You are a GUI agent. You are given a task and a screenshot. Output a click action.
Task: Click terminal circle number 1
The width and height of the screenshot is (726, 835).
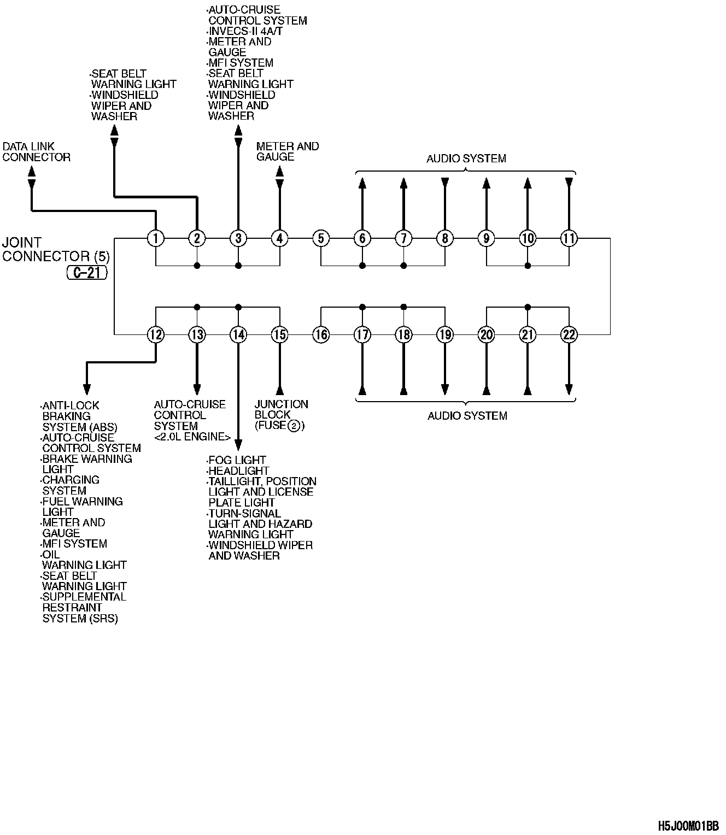[x=156, y=238]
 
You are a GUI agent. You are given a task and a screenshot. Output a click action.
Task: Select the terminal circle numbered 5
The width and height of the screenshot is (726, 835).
[x=321, y=238]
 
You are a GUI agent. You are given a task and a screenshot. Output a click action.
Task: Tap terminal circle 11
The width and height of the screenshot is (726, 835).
[x=569, y=238]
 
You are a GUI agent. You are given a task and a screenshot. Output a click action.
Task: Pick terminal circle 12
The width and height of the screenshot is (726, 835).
[x=156, y=334]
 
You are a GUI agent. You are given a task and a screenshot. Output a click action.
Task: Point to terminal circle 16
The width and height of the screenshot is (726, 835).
[x=321, y=334]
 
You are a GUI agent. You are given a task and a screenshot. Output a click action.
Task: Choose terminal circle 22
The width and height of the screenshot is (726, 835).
[x=569, y=334]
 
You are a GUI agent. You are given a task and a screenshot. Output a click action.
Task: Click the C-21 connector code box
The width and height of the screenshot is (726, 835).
[x=87, y=273]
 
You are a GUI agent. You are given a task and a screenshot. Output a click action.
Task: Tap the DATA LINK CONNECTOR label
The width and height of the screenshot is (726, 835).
[x=36, y=152]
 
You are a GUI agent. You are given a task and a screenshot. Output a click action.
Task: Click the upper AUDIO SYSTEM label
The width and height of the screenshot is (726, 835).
[x=466, y=158]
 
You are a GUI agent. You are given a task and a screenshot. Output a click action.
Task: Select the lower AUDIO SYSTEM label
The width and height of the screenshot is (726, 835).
[x=467, y=416]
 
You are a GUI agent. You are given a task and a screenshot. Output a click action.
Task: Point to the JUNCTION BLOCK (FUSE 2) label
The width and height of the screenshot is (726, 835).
[x=281, y=415]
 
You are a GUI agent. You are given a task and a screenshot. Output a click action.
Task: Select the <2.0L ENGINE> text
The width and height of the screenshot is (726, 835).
[x=192, y=437]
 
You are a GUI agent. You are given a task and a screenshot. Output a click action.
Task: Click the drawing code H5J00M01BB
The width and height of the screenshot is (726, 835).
[x=688, y=825]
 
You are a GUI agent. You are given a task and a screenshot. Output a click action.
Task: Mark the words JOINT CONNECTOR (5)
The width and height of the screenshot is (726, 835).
[x=54, y=249]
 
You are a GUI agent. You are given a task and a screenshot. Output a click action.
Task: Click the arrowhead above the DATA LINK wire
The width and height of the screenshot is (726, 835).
[x=32, y=170]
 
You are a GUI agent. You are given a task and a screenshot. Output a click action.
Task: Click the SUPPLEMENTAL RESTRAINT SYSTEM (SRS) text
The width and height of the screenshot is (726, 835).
[x=84, y=608]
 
